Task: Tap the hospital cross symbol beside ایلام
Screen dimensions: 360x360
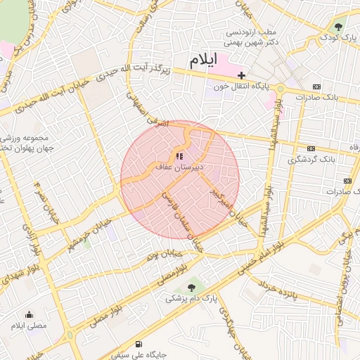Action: [241, 75]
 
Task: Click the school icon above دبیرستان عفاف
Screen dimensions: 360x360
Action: [179, 155]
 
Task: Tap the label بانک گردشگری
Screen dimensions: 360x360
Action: [311, 160]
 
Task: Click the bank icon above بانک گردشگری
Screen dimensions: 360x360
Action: [311, 148]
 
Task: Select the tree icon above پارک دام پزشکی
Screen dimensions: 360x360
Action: [191, 287]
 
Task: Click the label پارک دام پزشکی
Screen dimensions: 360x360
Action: [193, 298]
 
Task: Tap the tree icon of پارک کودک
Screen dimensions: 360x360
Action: [340, 27]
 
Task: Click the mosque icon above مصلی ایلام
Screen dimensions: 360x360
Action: [29, 314]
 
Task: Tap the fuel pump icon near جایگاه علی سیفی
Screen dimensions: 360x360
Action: [137, 345]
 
